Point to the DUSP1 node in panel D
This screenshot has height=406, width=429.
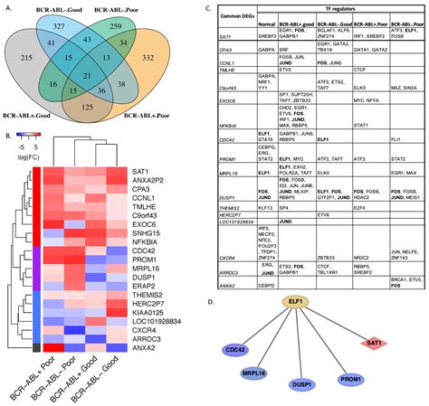click(x=302, y=385)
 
